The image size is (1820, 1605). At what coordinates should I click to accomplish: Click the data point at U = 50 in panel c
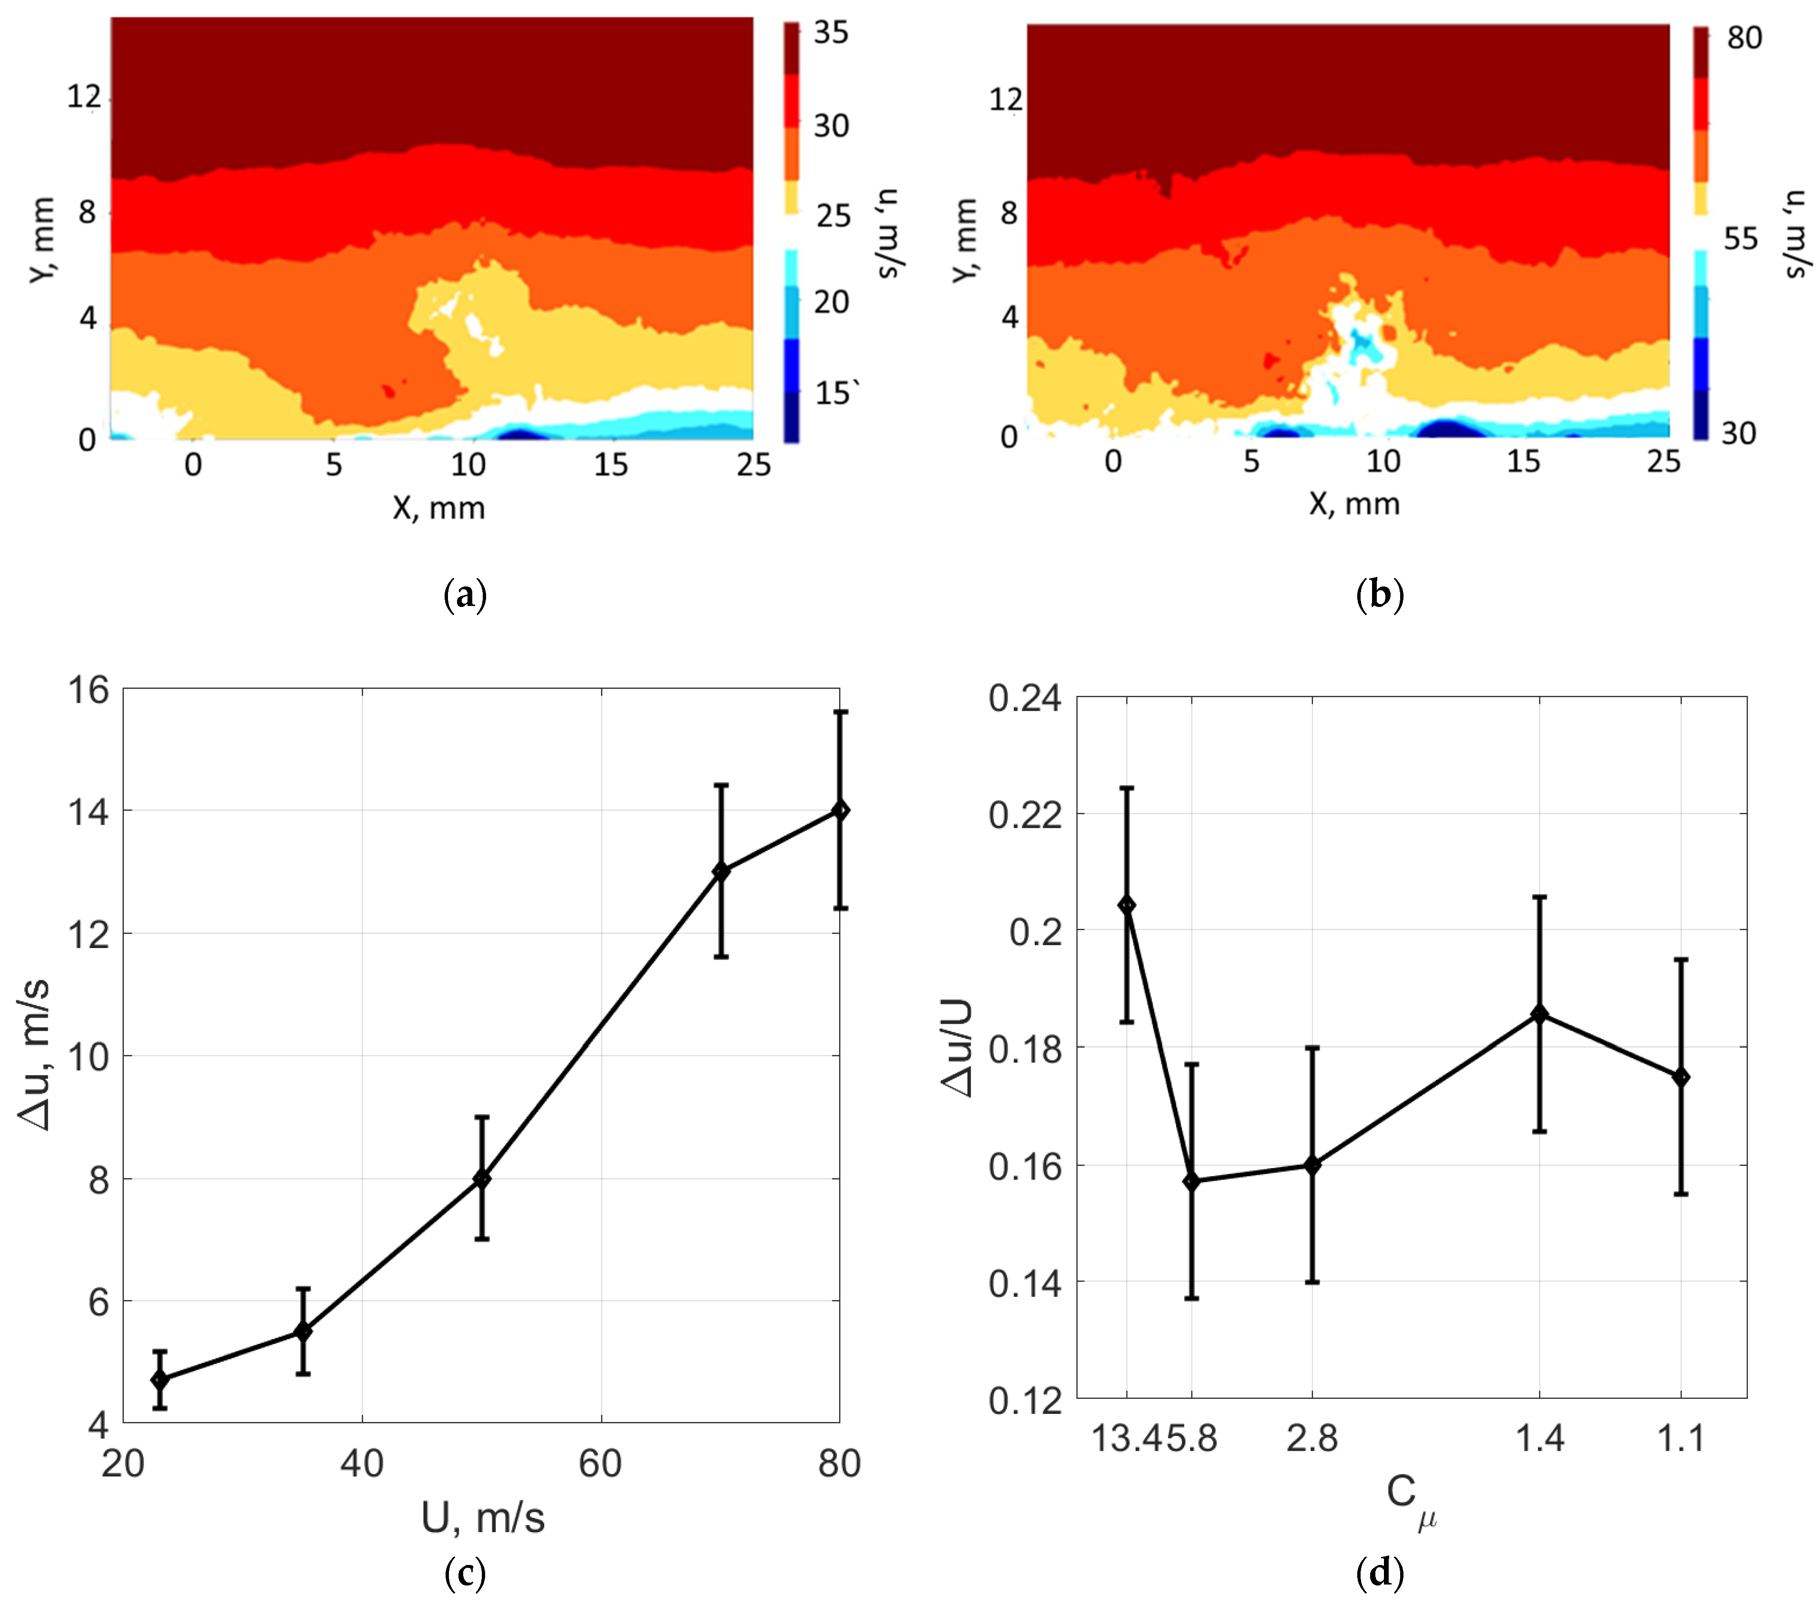click(x=482, y=1179)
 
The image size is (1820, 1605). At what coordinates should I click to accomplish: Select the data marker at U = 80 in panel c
click(x=840, y=810)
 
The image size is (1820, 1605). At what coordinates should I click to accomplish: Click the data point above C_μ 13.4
click(x=1127, y=905)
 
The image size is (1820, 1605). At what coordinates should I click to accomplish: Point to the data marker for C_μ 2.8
click(x=1312, y=1164)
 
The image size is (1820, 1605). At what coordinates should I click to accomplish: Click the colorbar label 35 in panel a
click(x=831, y=33)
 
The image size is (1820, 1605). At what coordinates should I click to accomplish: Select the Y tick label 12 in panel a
click(x=84, y=96)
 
